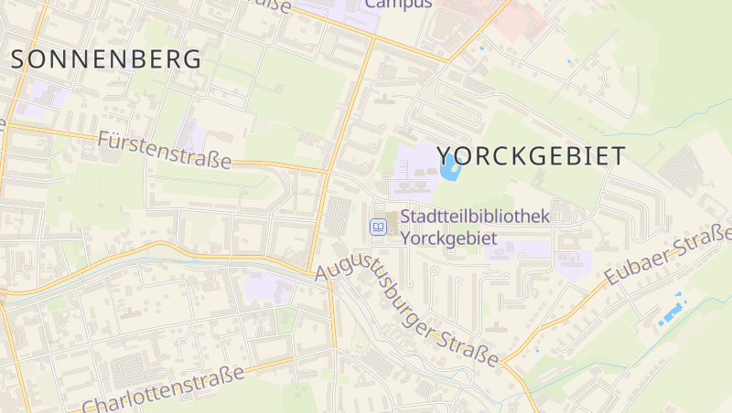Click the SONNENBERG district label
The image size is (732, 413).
106,60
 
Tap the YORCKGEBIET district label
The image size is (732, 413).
532,155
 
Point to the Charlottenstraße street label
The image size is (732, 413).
164,390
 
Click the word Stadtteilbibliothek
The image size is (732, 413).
474,217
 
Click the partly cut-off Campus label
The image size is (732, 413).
398,5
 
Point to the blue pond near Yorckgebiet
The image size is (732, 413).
448,167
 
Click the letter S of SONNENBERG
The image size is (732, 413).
19,60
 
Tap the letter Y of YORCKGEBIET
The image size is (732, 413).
446,155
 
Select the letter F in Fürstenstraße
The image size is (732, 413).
102,141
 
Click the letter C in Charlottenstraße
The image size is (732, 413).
89,406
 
